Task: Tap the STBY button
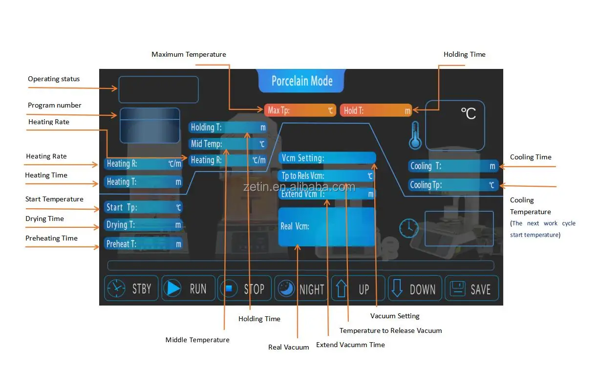tap(131, 288)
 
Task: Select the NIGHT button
tap(301, 289)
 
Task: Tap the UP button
tap(358, 288)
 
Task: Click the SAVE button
tap(471, 288)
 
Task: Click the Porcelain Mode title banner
tap(301, 81)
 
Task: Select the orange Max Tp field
tap(299, 110)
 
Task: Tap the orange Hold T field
tap(376, 110)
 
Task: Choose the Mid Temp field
tap(228, 144)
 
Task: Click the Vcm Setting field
tap(327, 158)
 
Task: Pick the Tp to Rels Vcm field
tap(327, 176)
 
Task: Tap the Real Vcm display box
tap(326, 227)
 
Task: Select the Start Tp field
tap(143, 207)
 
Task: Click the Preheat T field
tap(143, 243)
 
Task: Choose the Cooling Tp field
tap(453, 185)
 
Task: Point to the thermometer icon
tap(415, 135)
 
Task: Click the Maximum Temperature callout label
tap(189, 54)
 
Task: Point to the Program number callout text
tap(55, 105)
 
